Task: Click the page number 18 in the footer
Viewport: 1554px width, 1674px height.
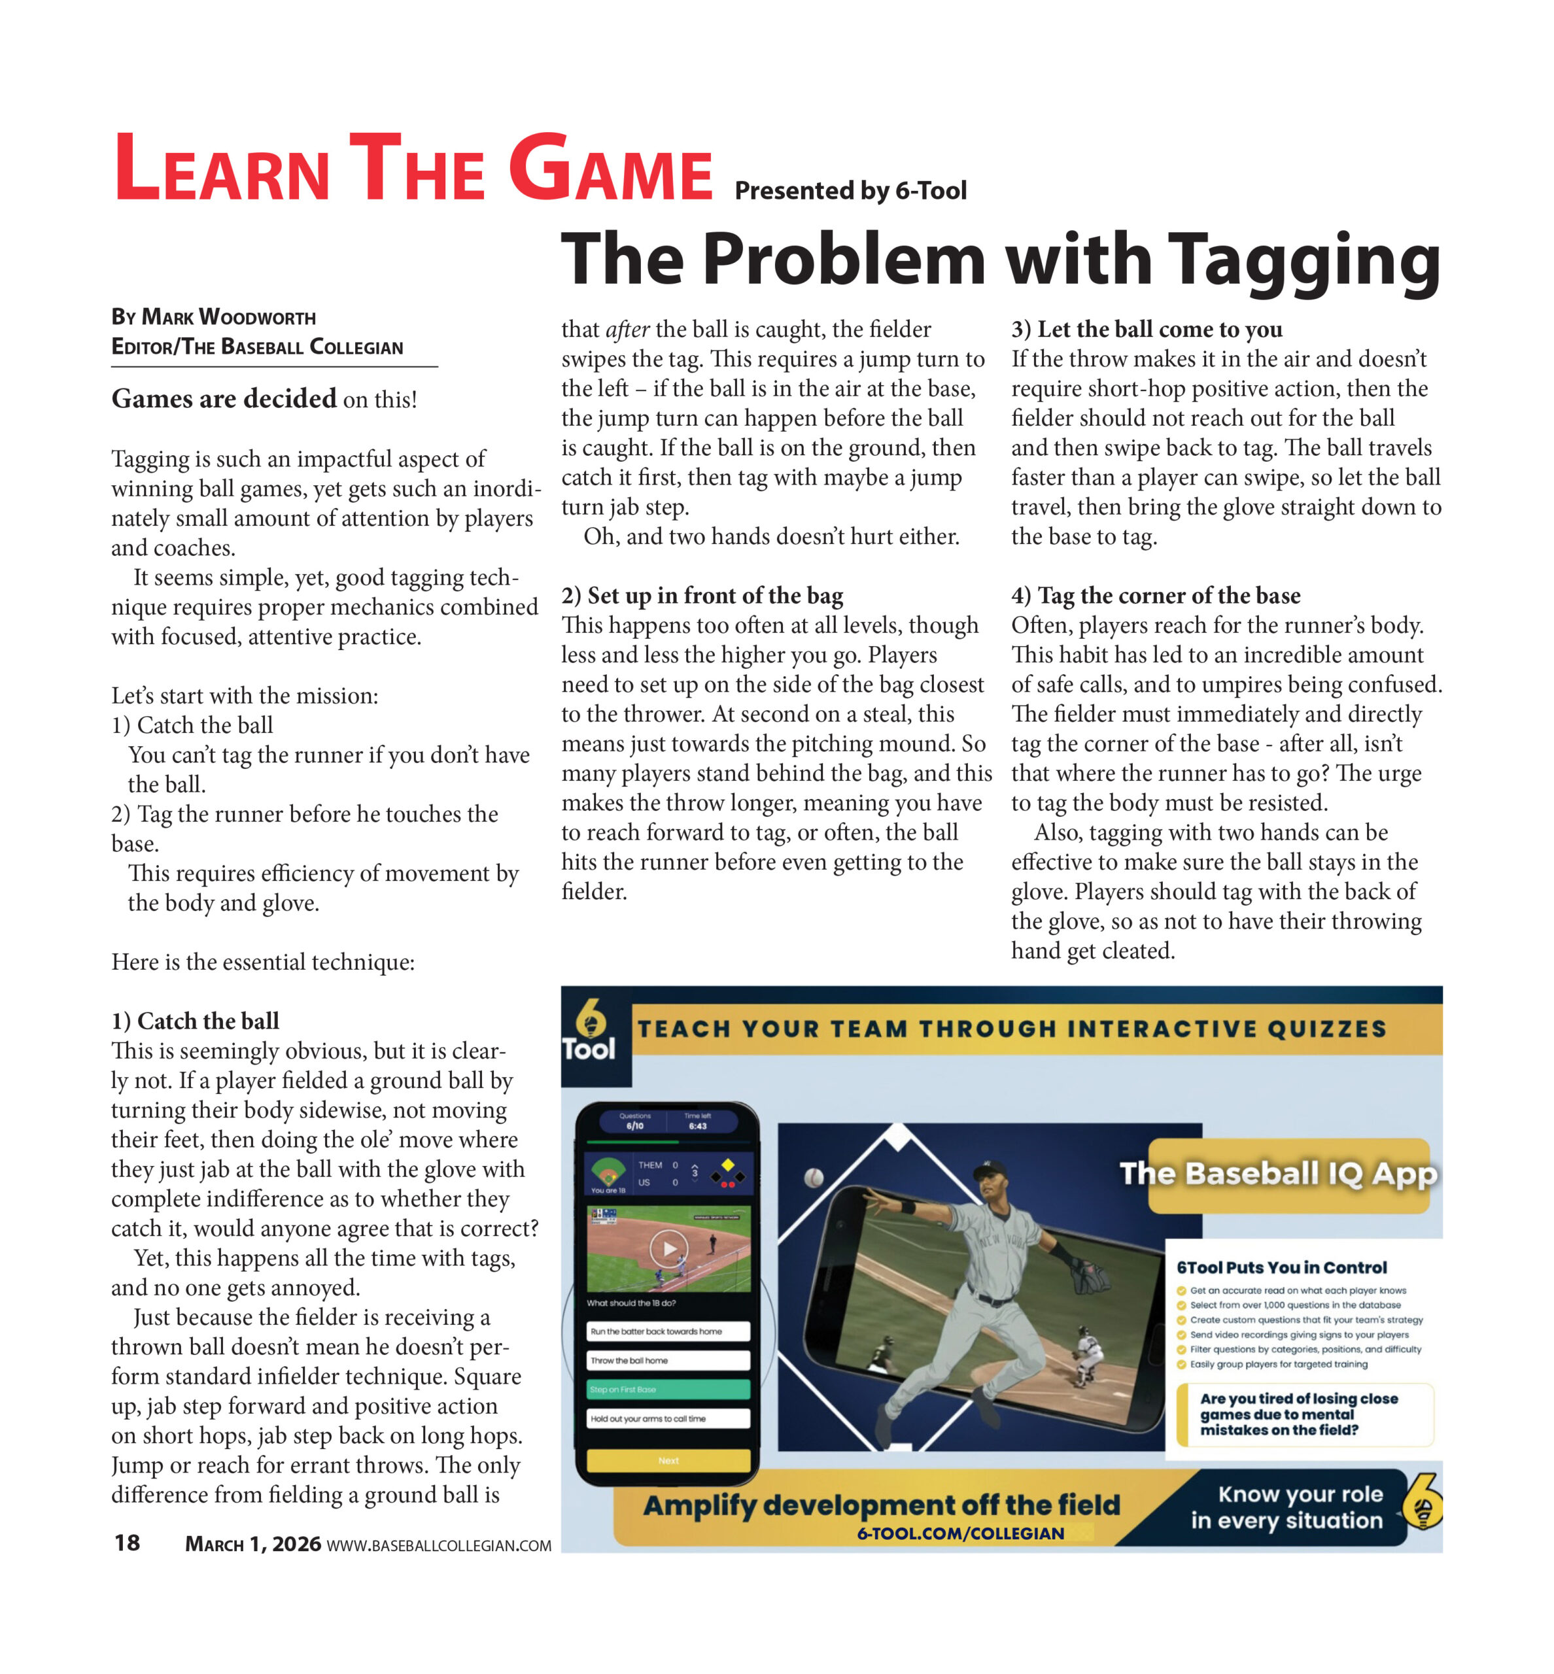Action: click(x=127, y=1543)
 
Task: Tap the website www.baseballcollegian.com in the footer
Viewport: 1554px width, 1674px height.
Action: click(x=438, y=1545)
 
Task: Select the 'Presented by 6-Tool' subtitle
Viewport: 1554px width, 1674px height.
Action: click(x=850, y=191)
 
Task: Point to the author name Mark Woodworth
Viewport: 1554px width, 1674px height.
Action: click(x=229, y=318)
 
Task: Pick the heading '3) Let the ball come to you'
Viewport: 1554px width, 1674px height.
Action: click(x=1147, y=329)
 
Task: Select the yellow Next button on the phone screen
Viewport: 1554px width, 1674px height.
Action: click(x=668, y=1460)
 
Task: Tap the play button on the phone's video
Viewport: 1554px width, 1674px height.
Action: click(x=668, y=1248)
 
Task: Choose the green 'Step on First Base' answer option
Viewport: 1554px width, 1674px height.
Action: click(x=668, y=1389)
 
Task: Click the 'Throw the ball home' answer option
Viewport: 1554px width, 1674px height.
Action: click(x=668, y=1360)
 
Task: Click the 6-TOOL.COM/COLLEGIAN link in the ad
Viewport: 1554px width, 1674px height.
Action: click(x=960, y=1533)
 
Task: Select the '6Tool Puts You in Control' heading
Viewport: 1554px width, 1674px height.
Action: click(x=1281, y=1267)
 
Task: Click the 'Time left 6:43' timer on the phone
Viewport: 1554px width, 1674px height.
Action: click(x=697, y=1121)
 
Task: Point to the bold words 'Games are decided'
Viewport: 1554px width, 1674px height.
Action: click(x=224, y=398)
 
